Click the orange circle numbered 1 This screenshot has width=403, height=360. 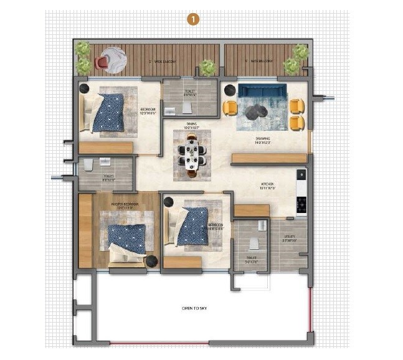(x=194, y=20)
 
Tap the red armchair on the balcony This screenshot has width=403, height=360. (x=102, y=62)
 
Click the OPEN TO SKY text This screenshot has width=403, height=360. (x=193, y=308)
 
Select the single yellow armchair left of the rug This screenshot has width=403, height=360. (x=230, y=108)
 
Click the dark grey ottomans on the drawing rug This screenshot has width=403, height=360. (x=257, y=112)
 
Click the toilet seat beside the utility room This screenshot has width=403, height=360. (x=254, y=244)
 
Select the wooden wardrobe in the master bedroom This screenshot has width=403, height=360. (x=85, y=230)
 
